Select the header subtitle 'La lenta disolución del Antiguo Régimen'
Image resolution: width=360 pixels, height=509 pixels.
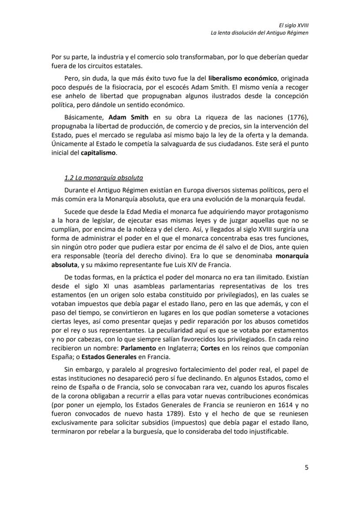coord(260,33)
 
